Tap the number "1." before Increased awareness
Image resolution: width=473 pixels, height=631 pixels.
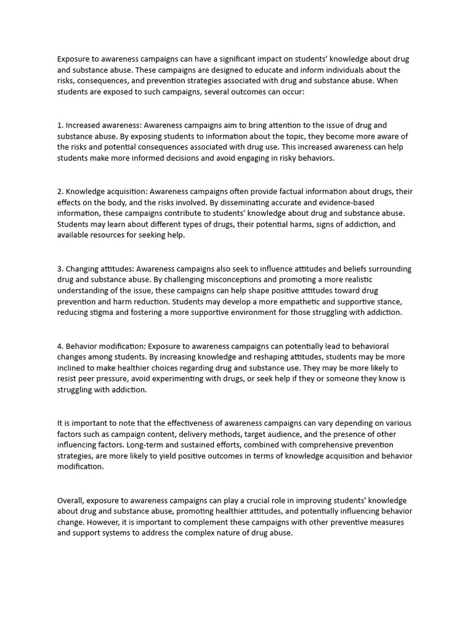point(60,125)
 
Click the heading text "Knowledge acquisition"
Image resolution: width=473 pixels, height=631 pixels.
point(105,192)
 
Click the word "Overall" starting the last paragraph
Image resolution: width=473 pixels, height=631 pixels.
point(71,501)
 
